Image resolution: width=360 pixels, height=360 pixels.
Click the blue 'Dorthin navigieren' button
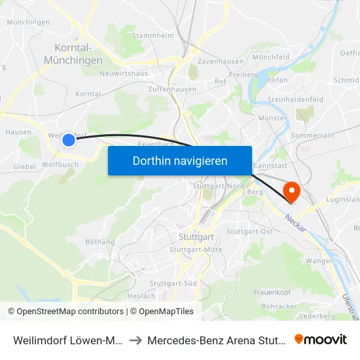tap(180, 160)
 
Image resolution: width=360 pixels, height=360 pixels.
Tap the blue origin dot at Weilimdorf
tap(69, 139)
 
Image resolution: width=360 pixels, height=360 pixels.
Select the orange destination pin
tap(291, 191)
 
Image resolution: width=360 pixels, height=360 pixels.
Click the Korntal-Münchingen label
tap(73, 54)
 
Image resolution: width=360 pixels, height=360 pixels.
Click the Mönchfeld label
tap(271, 58)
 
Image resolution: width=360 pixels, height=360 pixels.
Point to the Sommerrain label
tap(312, 134)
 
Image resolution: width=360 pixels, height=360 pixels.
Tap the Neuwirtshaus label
tap(123, 74)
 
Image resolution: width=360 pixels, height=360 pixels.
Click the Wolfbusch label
tap(60, 165)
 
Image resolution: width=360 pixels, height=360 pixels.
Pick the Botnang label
tap(99, 242)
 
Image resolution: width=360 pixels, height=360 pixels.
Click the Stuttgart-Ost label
tap(249, 232)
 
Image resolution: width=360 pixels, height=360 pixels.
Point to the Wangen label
tap(319, 261)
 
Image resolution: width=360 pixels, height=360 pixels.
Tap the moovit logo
tap(321, 340)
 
